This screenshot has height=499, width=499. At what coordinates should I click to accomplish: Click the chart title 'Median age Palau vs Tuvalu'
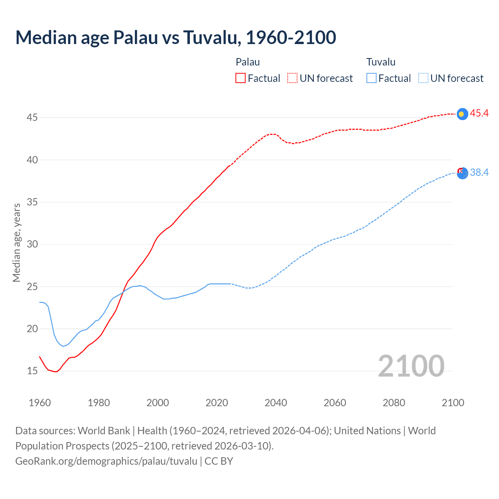coord(175,37)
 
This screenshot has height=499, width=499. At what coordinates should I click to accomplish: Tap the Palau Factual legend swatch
coord(241,78)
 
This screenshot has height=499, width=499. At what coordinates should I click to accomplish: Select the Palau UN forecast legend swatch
coord(292,78)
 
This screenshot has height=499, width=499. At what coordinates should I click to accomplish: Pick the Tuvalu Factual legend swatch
coord(372,78)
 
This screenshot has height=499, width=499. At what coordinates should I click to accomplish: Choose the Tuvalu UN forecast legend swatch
coord(423,78)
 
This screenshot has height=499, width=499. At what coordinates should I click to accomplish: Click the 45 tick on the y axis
coord(32,117)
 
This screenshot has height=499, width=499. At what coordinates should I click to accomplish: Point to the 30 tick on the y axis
coord(32,244)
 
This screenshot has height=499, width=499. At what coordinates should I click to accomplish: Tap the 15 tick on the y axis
coord(32,371)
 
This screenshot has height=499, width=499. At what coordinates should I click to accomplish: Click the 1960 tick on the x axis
coord(40,402)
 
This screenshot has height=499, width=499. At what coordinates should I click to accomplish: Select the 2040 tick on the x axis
coord(276,402)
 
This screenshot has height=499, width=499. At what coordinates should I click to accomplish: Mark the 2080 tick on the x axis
coord(394,402)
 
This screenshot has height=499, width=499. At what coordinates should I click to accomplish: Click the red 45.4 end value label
coord(479,113)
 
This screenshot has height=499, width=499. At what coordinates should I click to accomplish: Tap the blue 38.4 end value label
coord(479,172)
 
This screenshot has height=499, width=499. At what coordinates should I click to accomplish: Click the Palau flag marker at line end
coord(462,114)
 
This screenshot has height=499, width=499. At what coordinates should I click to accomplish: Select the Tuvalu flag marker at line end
coord(462,173)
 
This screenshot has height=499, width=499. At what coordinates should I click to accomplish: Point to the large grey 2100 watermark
coord(411,366)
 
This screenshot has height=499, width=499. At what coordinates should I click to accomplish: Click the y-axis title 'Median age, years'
coord(16,242)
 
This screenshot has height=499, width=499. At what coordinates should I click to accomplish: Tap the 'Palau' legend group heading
coord(248,62)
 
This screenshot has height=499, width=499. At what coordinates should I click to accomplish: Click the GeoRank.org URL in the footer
coord(106,461)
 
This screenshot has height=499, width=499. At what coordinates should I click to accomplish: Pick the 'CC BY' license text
coord(219,461)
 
